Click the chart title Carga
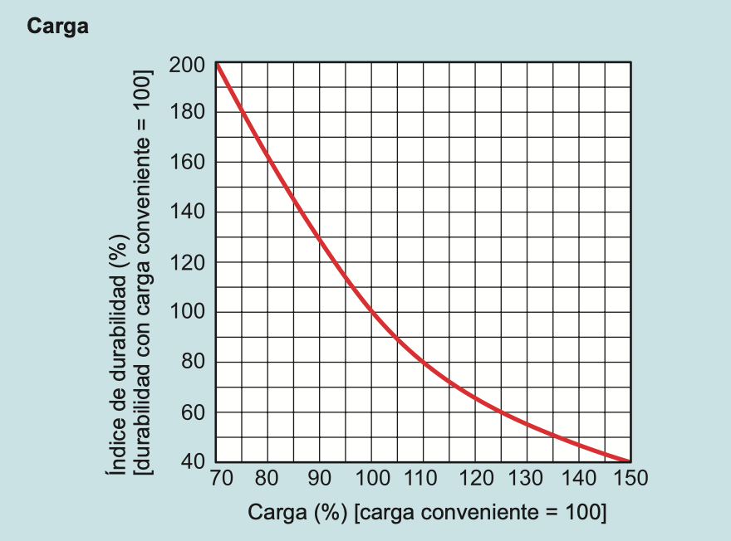(57, 27)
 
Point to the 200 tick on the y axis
(187, 64)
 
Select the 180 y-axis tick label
(187, 113)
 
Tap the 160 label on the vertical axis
(187, 163)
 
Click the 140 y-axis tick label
(187, 212)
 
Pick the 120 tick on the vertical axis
(187, 262)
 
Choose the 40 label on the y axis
(192, 461)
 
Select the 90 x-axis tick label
(319, 479)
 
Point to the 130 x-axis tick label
(527, 479)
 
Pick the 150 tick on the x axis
(630, 479)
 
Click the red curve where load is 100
(371, 312)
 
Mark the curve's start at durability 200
(217, 64)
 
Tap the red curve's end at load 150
(629, 461)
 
